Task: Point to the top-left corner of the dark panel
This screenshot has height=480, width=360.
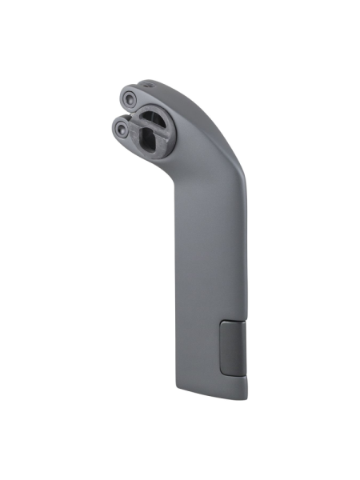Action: click(x=221, y=322)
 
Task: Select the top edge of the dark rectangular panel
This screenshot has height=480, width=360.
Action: click(x=234, y=321)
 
